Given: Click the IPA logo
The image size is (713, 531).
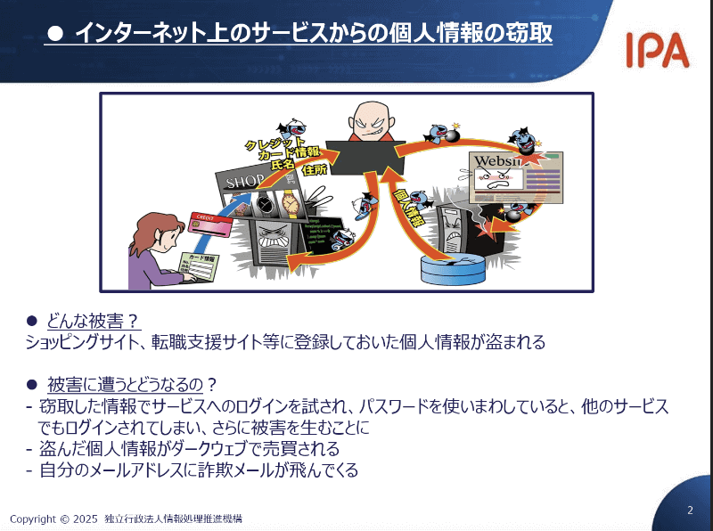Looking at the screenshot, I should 656,51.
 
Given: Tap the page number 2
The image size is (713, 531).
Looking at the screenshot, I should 690,511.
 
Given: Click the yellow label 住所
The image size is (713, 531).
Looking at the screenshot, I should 315,169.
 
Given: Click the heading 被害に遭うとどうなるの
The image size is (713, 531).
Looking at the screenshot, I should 126,385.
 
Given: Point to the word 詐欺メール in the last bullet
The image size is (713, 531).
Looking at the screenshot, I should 226,470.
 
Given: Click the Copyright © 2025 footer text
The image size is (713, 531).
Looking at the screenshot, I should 53,518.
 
